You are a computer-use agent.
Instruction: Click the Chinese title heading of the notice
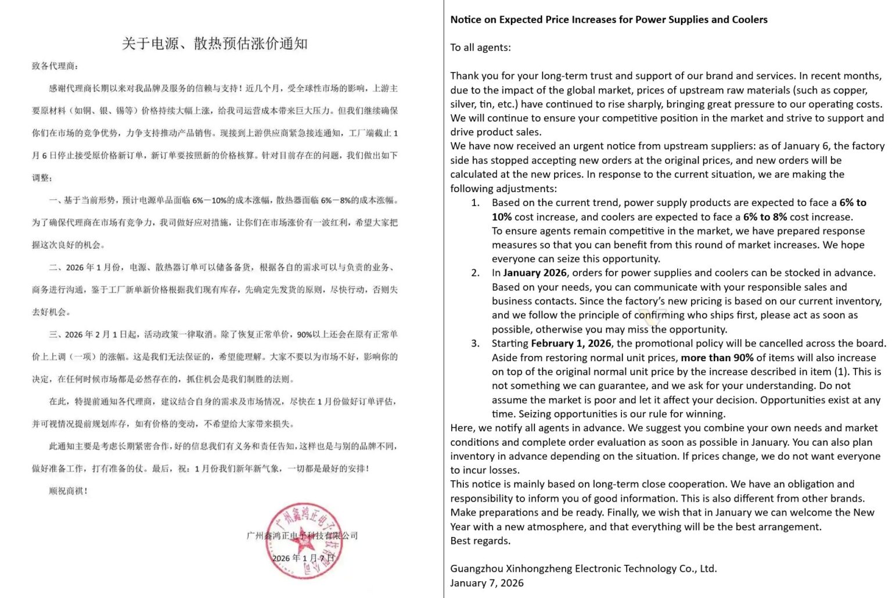214,44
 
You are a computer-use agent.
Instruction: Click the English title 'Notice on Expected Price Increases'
609,19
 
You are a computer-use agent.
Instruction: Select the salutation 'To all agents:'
480,48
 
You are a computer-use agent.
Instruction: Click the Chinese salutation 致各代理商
55,66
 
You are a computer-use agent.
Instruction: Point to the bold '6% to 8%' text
765,217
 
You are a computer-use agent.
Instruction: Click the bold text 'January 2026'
535,273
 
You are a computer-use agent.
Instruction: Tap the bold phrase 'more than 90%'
717,358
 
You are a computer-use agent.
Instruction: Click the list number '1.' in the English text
475,203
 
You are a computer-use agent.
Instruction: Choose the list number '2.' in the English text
475,273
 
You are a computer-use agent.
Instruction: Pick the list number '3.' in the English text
475,344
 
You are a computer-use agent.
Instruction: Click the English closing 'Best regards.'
480,541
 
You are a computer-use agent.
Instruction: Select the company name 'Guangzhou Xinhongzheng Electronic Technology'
583,569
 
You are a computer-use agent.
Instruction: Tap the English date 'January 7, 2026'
487,583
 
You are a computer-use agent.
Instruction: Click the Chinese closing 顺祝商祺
68,491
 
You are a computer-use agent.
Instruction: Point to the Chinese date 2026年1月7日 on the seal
304,558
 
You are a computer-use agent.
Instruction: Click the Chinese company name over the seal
302,535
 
